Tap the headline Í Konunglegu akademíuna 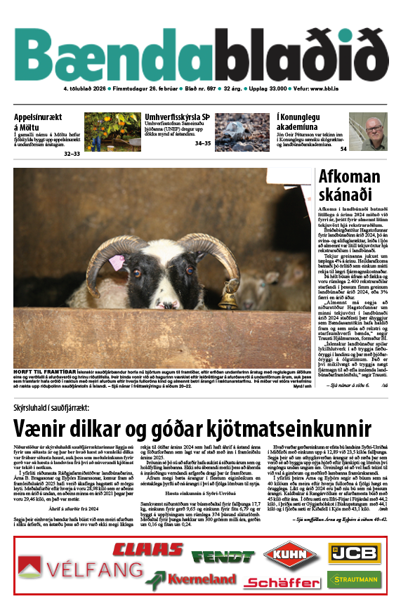308,118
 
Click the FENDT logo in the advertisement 223,557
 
